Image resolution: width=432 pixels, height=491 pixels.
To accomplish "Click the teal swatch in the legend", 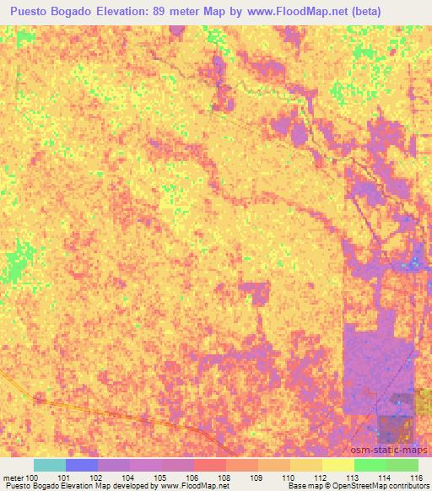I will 50,465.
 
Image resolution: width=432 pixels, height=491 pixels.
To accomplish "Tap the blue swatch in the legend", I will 82,465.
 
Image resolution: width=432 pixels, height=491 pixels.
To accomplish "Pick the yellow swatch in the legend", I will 338,465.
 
